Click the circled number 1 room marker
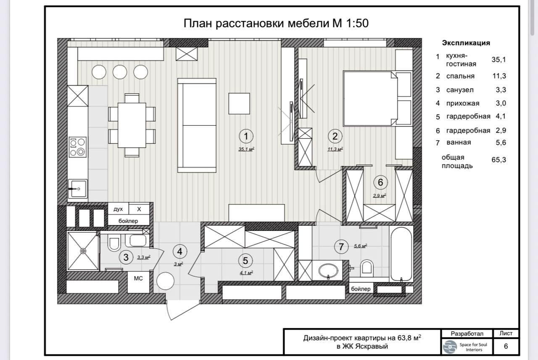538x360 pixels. (246, 136)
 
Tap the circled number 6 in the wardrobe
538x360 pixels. (380, 182)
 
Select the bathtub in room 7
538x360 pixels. (401, 254)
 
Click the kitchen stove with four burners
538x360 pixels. (78, 147)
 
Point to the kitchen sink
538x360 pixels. (78, 189)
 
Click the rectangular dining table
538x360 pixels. (132, 125)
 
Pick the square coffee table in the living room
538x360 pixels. (239, 103)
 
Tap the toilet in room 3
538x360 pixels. (114, 243)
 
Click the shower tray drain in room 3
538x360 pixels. (83, 251)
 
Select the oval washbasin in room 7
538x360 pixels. (328, 270)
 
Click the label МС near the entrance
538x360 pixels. (138, 278)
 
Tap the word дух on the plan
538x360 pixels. (118, 209)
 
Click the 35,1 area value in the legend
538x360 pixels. (499, 60)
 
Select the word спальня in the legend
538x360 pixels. (460, 76)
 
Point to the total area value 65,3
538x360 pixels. (499, 160)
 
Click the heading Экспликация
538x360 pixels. (466, 43)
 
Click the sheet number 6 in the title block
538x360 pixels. (506, 346)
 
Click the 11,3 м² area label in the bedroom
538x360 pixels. (335, 149)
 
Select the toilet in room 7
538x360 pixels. (367, 268)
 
